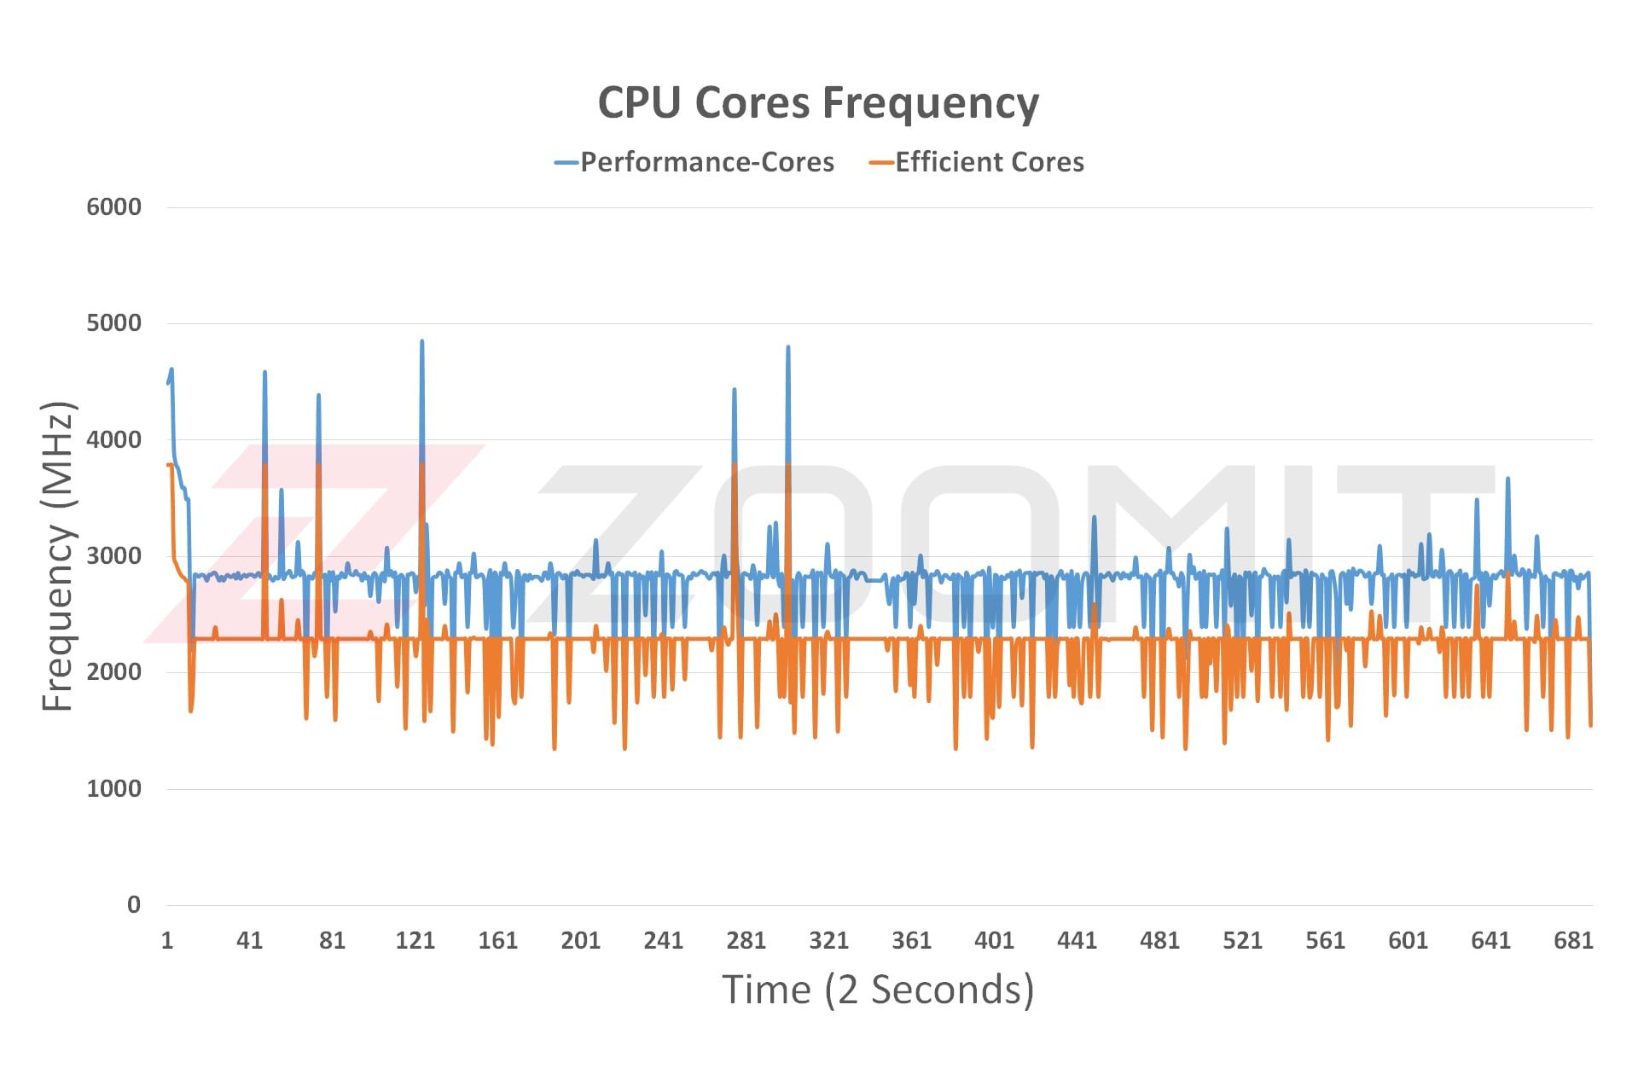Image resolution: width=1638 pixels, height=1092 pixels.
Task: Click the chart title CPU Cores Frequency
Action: pyautogui.click(x=818, y=102)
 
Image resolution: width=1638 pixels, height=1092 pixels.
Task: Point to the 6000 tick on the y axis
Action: pyautogui.click(x=113, y=206)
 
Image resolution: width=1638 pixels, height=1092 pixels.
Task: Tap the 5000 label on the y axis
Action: pyautogui.click(x=113, y=322)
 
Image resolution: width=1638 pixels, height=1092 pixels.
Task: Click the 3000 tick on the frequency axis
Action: pyautogui.click(x=113, y=555)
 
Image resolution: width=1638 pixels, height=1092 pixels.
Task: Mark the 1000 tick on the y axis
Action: pyautogui.click(x=113, y=788)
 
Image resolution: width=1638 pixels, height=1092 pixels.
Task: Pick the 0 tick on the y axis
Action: pyautogui.click(x=134, y=904)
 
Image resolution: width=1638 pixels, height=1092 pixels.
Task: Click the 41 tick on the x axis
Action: pyautogui.click(x=249, y=940)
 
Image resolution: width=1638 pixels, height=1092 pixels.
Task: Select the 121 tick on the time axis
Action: pyautogui.click(x=415, y=940)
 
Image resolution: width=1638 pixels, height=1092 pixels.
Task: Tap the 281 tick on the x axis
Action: pyautogui.click(x=746, y=940)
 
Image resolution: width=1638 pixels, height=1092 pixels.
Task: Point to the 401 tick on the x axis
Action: pyautogui.click(x=994, y=940)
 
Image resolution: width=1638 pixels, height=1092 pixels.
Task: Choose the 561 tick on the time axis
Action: pyautogui.click(x=1325, y=940)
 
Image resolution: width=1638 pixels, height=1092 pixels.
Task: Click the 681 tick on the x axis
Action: pyautogui.click(x=1573, y=940)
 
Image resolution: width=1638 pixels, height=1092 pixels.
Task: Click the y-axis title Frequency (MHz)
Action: pyautogui.click(x=59, y=555)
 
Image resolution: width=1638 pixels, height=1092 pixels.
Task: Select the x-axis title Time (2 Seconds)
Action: pyautogui.click(x=878, y=990)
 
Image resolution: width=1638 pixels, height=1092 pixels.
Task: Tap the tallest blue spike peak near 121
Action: pyautogui.click(x=421, y=341)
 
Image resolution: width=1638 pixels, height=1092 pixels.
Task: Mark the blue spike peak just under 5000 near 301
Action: pyautogui.click(x=787, y=347)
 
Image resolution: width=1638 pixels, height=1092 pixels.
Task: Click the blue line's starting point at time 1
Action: pyautogui.click(x=168, y=383)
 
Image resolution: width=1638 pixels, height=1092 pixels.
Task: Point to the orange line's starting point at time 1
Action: pyautogui.click(x=168, y=465)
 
